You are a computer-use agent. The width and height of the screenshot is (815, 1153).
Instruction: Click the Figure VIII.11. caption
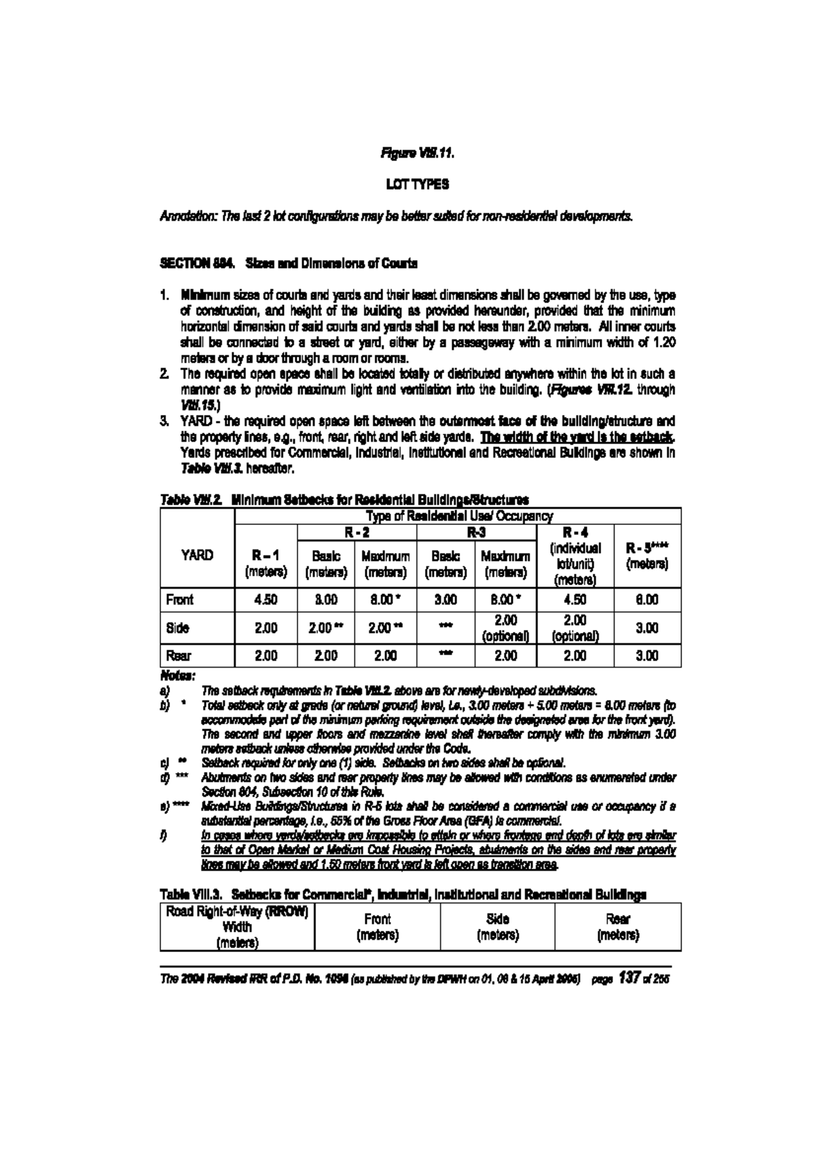coord(417,153)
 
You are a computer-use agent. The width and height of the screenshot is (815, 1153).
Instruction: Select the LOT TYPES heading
coord(417,185)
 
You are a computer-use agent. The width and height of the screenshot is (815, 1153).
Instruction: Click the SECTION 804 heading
coord(289,262)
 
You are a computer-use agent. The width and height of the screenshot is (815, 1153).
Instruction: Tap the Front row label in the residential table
coord(179,600)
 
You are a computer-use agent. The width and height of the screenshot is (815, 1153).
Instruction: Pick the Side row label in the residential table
coord(177,628)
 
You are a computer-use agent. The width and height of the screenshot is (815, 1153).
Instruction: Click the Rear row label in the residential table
coord(178,656)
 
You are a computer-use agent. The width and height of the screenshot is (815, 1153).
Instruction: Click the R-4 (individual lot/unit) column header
coord(575,555)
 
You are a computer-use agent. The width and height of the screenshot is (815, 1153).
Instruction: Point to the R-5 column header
coord(647,555)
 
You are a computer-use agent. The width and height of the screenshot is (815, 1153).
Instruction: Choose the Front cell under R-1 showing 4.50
coord(266,600)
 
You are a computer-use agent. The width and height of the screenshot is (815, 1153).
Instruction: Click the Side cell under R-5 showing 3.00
coord(647,628)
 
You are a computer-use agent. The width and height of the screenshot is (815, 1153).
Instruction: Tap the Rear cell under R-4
coord(575,656)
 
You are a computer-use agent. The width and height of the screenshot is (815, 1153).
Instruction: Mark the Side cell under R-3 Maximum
coord(505,628)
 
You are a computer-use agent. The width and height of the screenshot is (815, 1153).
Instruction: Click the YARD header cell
coord(197,555)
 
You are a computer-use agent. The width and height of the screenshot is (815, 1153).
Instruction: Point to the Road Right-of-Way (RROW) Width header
coord(238,926)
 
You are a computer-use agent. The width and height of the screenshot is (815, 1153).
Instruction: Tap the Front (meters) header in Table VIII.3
coord(378,926)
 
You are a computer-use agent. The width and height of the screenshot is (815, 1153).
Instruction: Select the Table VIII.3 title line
coord(403,894)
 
